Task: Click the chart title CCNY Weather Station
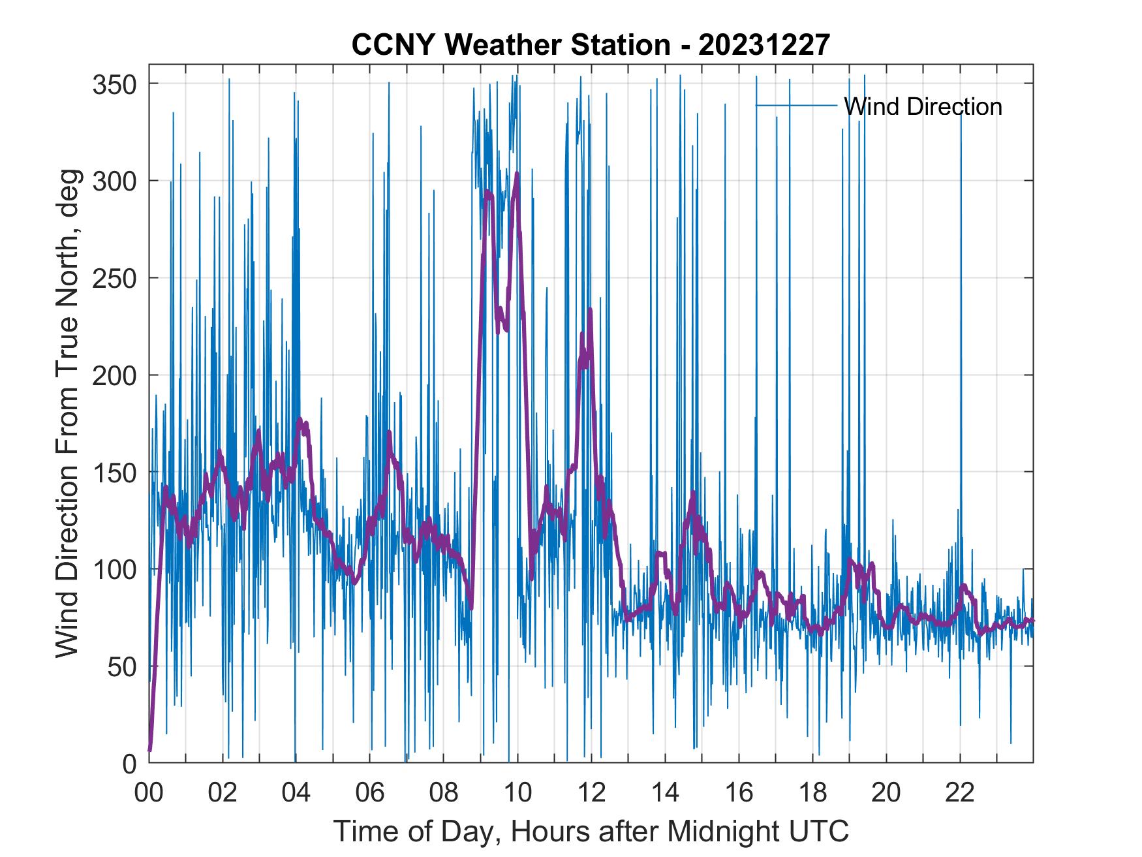[591, 45]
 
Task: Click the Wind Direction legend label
[923, 106]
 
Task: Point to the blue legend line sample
[796, 105]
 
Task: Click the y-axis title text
[68, 413]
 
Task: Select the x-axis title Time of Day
[591, 831]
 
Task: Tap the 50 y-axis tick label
[122, 666]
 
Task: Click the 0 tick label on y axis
[130, 763]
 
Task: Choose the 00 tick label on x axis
[149, 793]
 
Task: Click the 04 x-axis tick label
[296, 793]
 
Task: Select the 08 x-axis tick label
[444, 793]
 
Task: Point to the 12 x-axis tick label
[591, 793]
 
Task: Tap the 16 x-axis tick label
[739, 793]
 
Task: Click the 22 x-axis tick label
[960, 793]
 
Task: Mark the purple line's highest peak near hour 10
[517, 174]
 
